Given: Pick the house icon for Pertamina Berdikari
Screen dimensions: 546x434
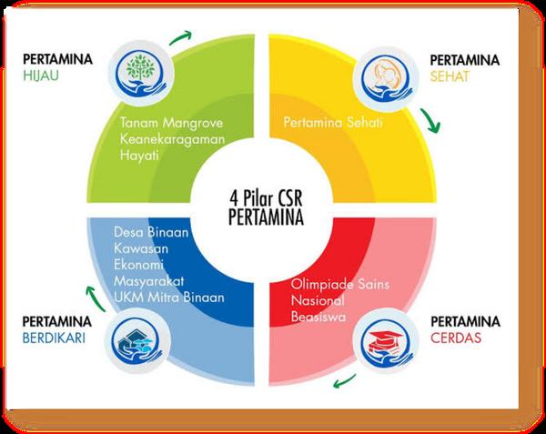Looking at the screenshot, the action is pyautogui.click(x=136, y=343).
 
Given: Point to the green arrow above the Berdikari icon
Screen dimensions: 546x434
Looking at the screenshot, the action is pyautogui.click(x=92, y=294).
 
